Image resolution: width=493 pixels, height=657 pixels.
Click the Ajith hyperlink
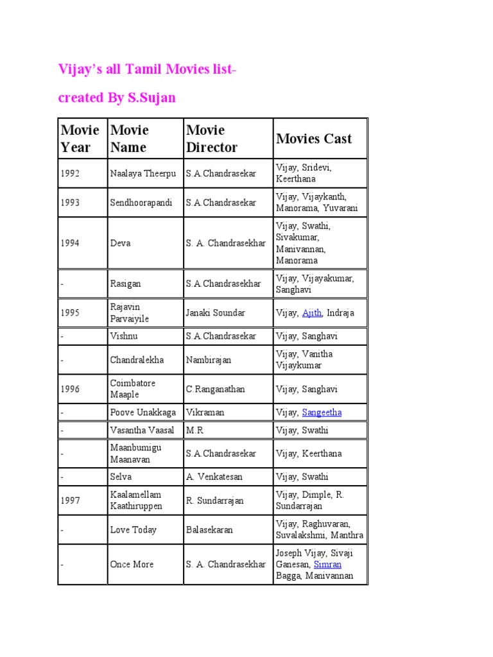coord(312,313)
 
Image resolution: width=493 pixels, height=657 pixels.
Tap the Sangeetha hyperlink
coord(322,413)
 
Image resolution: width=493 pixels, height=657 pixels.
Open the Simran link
coord(327,565)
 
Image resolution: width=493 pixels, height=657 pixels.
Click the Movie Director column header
coord(212,139)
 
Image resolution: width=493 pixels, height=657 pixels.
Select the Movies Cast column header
coord(314,139)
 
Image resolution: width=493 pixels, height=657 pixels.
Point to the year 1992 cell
coord(70,173)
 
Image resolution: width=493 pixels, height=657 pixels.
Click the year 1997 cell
coord(70,500)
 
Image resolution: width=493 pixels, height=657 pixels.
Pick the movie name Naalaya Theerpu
coord(143,173)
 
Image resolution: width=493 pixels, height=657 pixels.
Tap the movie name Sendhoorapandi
coord(141,203)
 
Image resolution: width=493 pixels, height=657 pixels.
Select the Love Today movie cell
coord(134,530)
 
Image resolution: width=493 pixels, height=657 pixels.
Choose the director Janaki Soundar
coord(216,313)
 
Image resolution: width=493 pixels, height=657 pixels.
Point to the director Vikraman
coord(205,413)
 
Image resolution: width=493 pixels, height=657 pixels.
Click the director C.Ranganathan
coord(216,389)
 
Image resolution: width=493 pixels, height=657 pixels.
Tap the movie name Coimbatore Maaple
coord(133,389)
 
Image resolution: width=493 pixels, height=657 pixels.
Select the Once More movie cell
coord(132,565)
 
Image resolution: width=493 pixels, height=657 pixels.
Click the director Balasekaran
coord(210,530)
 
